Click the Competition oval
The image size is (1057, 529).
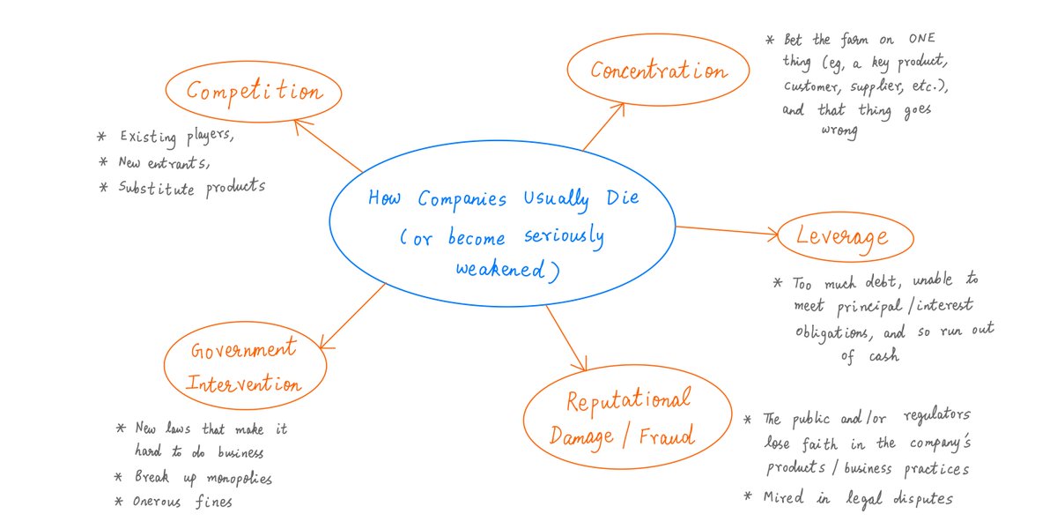[x=254, y=93]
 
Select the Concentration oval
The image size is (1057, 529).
[x=659, y=71]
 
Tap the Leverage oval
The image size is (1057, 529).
[x=841, y=236]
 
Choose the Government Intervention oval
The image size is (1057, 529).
[x=243, y=367]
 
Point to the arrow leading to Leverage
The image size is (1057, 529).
[x=727, y=231]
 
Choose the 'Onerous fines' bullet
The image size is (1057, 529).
[x=185, y=502]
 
